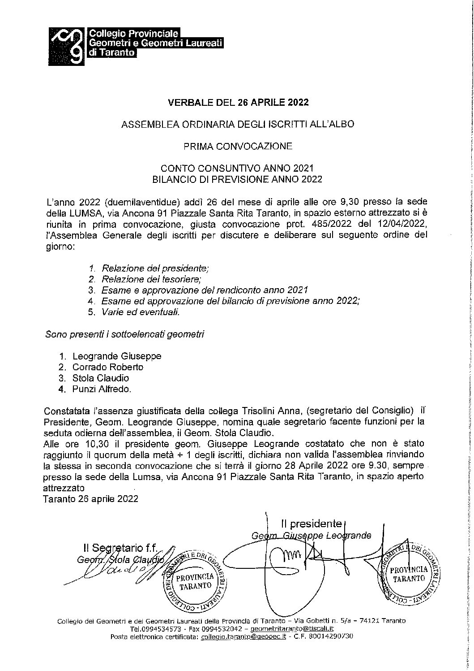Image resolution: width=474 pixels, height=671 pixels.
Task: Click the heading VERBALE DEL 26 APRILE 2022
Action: pyautogui.click(x=238, y=103)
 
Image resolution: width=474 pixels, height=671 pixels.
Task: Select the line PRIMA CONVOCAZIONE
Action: pyautogui.click(x=238, y=146)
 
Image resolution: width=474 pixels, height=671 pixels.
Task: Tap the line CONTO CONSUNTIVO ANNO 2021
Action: pyautogui.click(x=238, y=168)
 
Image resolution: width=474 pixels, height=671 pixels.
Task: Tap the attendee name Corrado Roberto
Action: pyautogui.click(x=108, y=367)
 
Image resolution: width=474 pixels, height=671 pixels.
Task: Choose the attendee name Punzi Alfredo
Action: pyautogui.click(x=102, y=389)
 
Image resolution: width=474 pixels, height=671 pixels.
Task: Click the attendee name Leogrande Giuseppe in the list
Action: pyautogui.click(x=116, y=356)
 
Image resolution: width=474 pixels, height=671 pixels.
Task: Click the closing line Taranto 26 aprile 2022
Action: pyautogui.click(x=91, y=498)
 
